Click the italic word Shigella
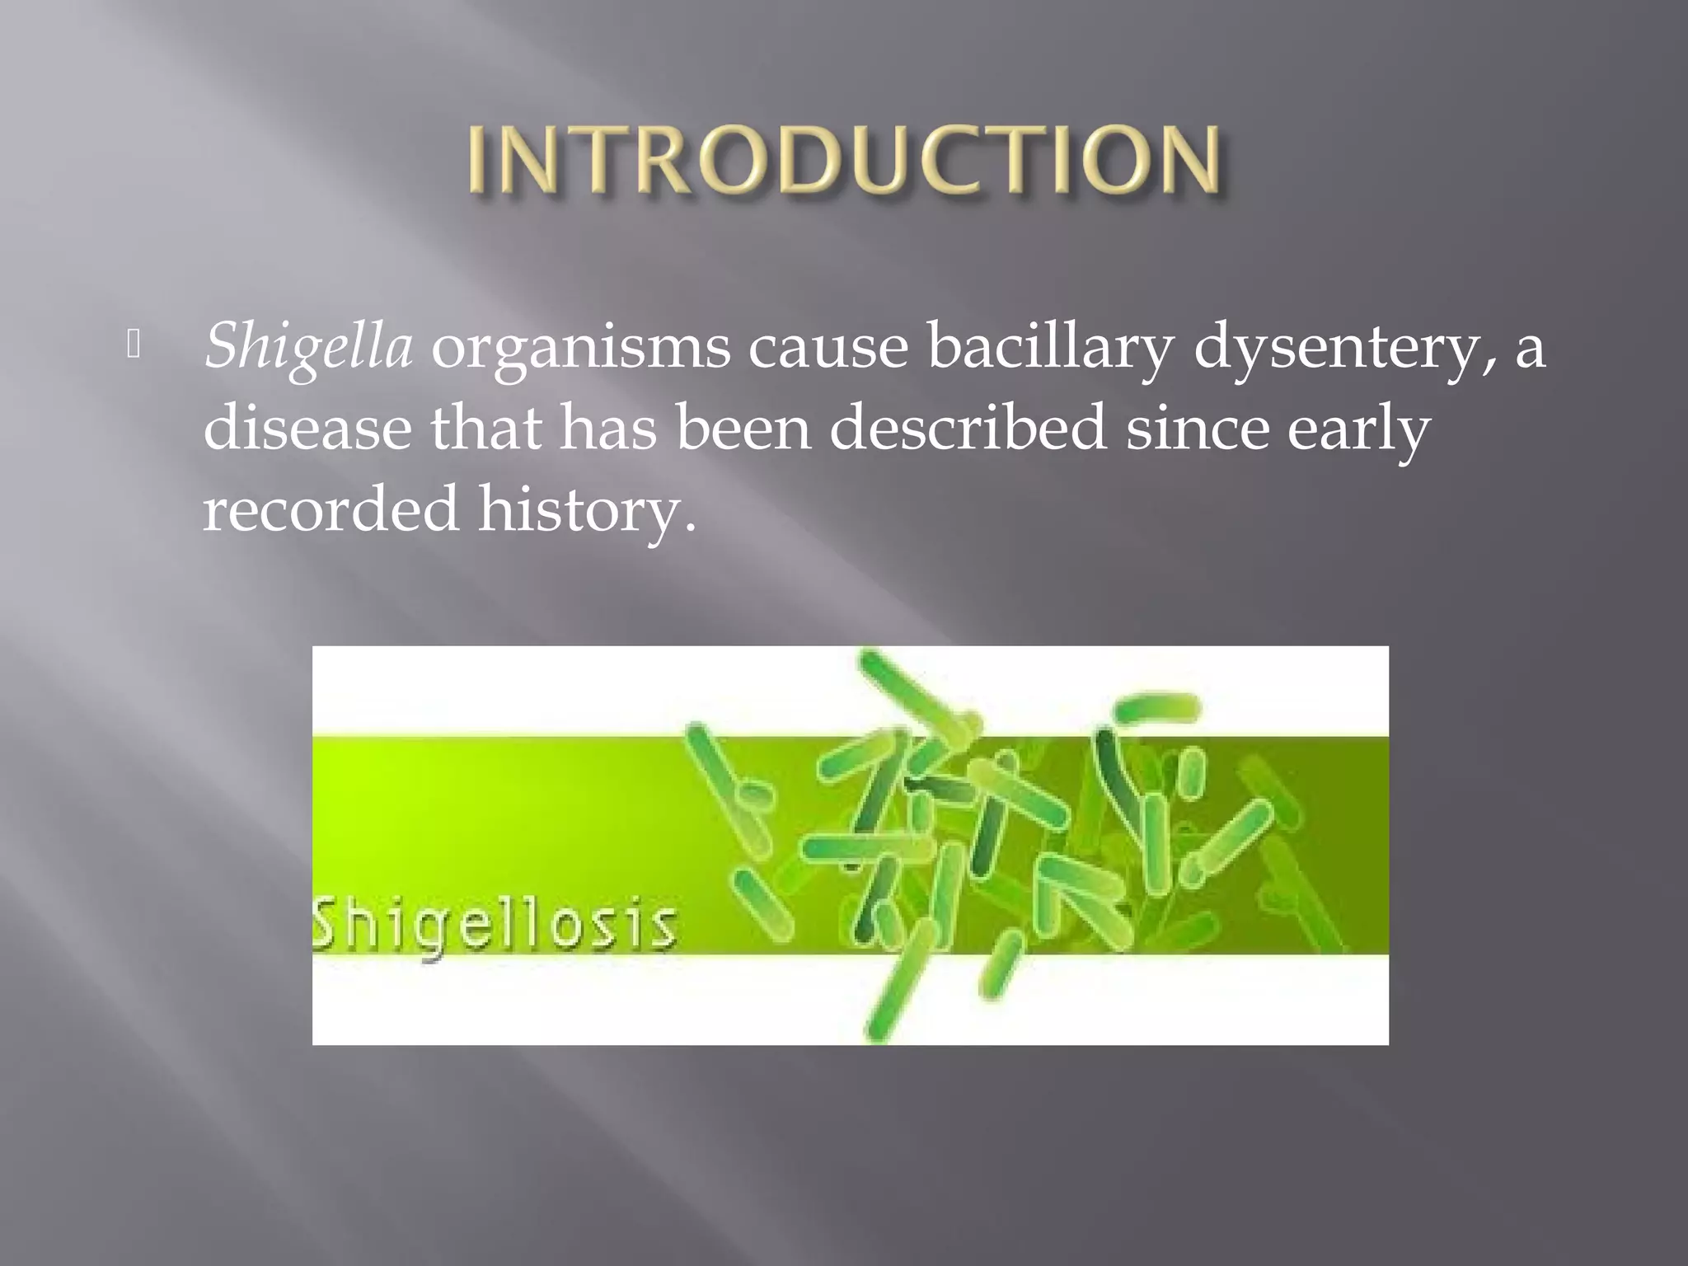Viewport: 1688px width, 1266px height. [308, 346]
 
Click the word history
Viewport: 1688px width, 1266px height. [587, 509]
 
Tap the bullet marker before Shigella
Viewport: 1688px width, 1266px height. [134, 345]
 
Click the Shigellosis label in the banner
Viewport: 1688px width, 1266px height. [495, 925]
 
